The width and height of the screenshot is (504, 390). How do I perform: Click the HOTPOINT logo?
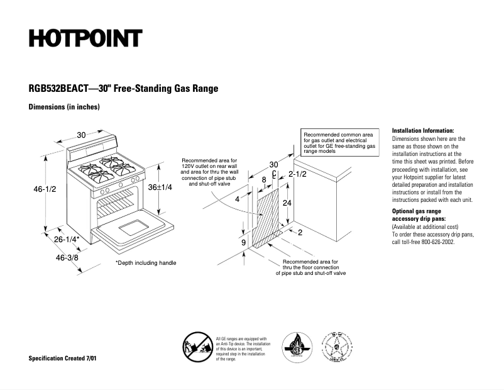[85, 39]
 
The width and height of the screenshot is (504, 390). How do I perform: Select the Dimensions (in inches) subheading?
[64, 107]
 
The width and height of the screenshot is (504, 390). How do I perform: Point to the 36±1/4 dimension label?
[160, 187]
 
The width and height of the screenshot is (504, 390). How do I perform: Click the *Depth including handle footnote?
[146, 263]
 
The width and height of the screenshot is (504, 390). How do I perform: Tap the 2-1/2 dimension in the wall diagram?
[297, 174]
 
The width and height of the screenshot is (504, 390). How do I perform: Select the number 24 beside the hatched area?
[287, 203]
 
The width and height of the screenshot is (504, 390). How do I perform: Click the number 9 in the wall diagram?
[243, 242]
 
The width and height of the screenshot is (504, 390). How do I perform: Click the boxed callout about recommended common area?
[340, 143]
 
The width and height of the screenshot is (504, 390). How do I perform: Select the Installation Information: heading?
[422, 130]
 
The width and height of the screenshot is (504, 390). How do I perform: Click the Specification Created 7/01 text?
[63, 358]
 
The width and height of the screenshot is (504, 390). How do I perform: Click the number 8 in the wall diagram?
[264, 180]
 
